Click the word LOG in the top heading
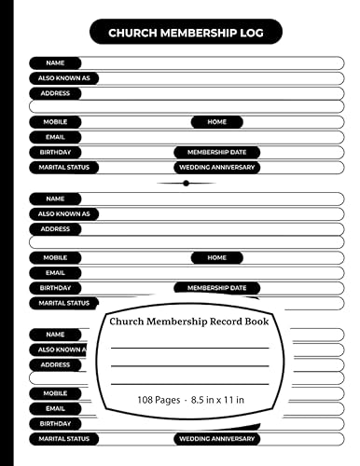click(x=249, y=34)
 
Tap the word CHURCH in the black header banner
click(x=134, y=34)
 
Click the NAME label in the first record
click(x=55, y=62)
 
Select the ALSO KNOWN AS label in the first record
click(x=64, y=78)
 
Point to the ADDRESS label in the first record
click(x=55, y=93)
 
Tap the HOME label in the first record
click(x=216, y=122)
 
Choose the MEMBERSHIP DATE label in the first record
click(x=216, y=152)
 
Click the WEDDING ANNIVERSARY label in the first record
click(x=216, y=168)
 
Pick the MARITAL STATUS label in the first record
click(x=64, y=168)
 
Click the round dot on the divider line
click(x=187, y=184)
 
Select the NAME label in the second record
click(x=55, y=199)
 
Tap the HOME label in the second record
click(x=216, y=258)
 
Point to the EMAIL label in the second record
click(x=55, y=273)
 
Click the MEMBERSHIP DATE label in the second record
click(x=216, y=288)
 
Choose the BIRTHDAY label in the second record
click(x=55, y=288)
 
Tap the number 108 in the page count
click(x=122, y=399)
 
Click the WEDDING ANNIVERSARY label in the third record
click(x=216, y=439)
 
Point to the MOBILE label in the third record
click(x=55, y=393)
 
